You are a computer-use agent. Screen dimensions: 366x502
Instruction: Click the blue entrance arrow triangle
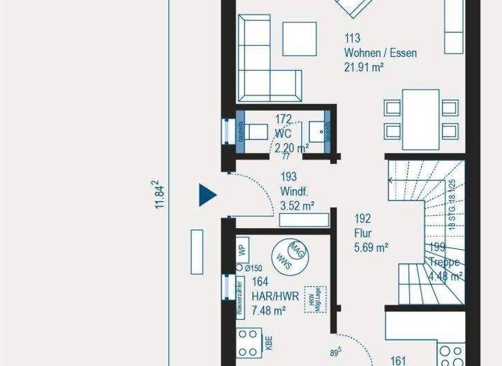pos(207,194)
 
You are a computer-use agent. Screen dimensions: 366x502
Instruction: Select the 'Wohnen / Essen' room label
pos(380,53)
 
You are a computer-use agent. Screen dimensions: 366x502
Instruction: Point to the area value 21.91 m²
pos(363,67)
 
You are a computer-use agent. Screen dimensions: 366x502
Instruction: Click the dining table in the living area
pos(421,119)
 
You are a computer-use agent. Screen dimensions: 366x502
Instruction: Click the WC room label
pos(282,133)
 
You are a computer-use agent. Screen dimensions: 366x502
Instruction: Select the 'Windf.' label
pos(293,191)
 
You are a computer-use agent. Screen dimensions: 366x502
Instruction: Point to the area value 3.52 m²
pos(297,206)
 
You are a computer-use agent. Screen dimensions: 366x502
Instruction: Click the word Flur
pos(363,233)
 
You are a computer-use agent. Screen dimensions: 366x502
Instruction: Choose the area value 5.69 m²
pos(371,247)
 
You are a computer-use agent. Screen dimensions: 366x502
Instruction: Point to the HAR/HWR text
pos(275,296)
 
